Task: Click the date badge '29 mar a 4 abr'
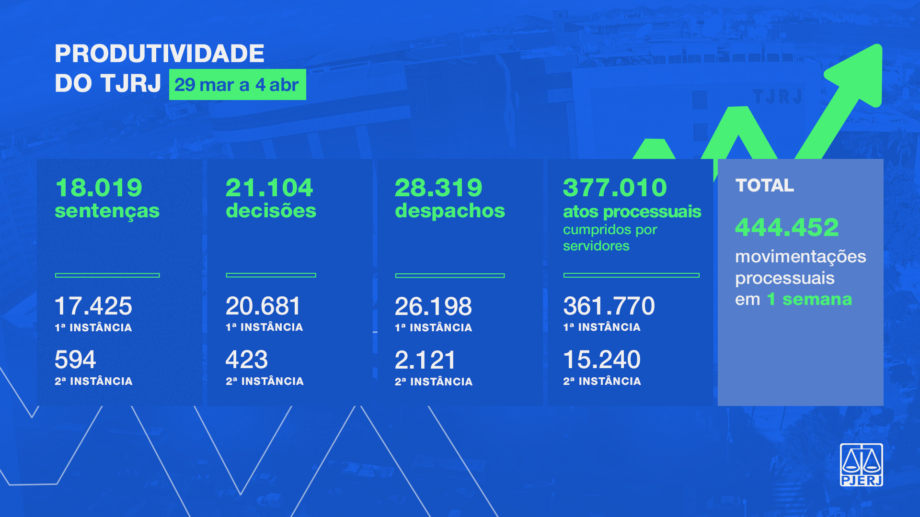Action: tap(237, 85)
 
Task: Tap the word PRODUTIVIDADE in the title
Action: tap(159, 54)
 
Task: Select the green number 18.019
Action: tap(99, 188)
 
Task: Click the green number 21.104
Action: tap(269, 188)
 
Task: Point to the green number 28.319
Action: tap(438, 188)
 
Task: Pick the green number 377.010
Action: tap(615, 188)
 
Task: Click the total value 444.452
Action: tap(787, 227)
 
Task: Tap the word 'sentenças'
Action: tap(107, 211)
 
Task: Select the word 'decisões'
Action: tap(271, 211)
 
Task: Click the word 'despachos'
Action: tap(449, 211)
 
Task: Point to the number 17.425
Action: tap(93, 306)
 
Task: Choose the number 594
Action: tap(75, 360)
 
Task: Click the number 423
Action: tap(247, 360)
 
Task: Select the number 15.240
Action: tap(602, 360)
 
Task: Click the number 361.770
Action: tap(609, 306)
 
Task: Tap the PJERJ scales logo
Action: tap(861, 465)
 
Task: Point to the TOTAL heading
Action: tap(765, 186)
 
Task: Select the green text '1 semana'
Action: tap(809, 300)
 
